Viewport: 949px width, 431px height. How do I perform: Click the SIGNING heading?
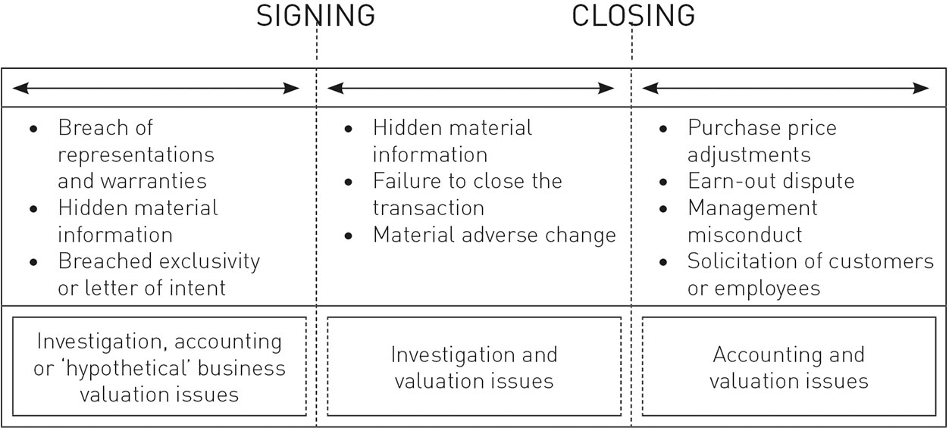coord(315,16)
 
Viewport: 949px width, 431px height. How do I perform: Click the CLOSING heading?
coord(633,16)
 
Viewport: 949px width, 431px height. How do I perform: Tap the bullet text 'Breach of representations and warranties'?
coord(136,155)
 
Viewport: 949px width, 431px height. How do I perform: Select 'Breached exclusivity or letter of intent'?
coord(158,274)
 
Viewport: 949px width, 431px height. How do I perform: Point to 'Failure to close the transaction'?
coord(467,194)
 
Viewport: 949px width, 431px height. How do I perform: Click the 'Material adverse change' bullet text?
coord(494,235)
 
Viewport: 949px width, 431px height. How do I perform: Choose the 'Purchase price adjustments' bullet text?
coord(761,141)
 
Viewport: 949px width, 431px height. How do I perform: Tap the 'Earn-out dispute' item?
coord(771,181)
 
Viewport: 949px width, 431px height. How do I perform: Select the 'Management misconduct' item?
coord(752,220)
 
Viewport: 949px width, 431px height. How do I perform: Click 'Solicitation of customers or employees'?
coord(810,274)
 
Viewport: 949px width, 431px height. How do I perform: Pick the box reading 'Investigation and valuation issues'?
coord(474,367)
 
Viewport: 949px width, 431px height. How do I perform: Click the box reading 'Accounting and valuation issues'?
coord(788,367)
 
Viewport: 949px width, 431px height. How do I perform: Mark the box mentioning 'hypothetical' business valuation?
coord(159,367)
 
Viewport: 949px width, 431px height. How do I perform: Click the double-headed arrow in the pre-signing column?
coord(157,89)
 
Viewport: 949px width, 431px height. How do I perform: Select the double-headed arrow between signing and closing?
coord(471,89)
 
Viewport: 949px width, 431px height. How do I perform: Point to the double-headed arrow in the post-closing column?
coord(785,89)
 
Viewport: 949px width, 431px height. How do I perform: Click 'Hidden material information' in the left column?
coord(137,220)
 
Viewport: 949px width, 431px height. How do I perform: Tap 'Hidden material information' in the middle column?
coord(452,141)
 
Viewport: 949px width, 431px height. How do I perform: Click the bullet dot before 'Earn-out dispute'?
coord(664,182)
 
